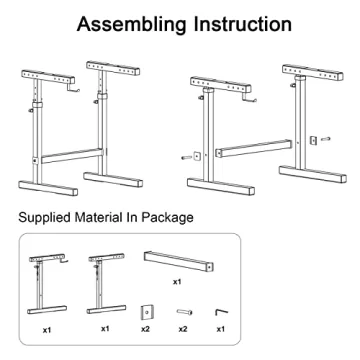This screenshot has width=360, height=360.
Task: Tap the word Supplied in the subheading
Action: click(48, 217)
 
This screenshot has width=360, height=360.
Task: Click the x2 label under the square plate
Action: click(146, 328)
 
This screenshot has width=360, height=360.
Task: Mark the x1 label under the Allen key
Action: click(220, 328)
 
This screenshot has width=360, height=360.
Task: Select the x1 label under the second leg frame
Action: click(104, 328)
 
